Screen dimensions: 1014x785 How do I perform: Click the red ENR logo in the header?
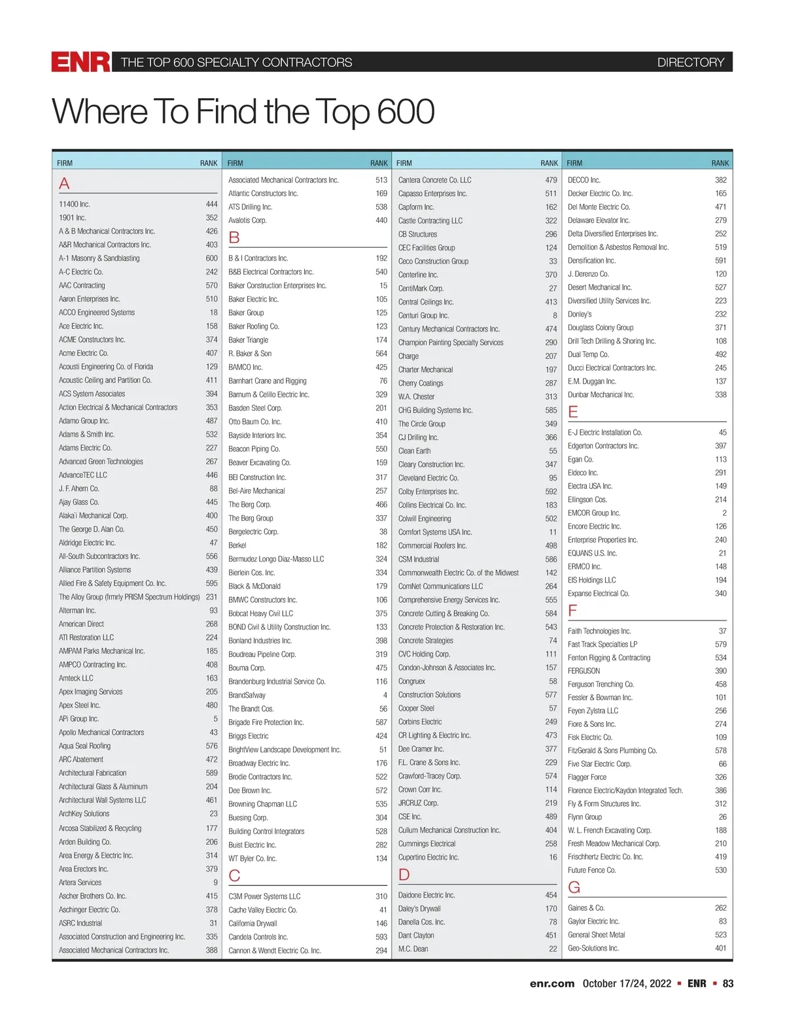point(81,62)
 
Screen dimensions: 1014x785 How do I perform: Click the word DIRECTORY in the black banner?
point(690,63)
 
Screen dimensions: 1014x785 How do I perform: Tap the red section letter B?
point(234,237)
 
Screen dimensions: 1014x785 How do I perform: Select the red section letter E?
point(573,412)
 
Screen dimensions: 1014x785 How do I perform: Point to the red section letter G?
point(574,887)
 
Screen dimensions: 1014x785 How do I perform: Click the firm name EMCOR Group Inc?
point(594,513)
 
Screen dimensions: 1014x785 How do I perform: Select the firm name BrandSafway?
point(247,695)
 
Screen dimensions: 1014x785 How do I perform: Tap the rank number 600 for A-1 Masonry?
point(211,258)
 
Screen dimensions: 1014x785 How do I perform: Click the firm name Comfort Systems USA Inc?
point(435,532)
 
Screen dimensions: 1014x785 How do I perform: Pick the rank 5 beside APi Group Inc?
point(215,718)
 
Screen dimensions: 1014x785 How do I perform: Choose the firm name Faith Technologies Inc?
point(599,631)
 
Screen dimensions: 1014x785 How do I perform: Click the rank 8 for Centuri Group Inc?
point(555,315)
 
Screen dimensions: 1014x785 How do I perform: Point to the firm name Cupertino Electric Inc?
point(428,857)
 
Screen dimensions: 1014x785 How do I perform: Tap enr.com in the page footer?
point(552,983)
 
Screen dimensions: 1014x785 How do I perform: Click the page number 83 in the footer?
point(727,983)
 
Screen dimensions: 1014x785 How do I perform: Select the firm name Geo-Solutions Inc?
point(593,948)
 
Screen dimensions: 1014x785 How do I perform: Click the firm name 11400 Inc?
point(75,204)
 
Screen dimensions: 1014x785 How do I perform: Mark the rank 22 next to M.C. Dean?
point(553,949)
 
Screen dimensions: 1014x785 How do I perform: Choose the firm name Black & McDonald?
point(254,586)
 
